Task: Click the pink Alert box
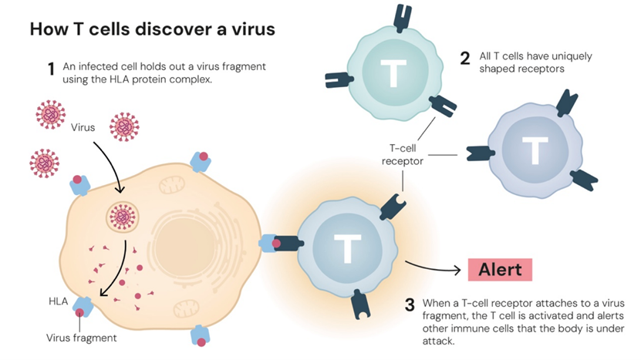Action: click(x=500, y=270)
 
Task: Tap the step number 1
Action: click(x=51, y=70)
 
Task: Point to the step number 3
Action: click(x=410, y=304)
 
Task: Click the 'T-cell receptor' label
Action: click(x=403, y=155)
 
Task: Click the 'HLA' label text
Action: click(x=59, y=301)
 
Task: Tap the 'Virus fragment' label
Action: click(x=82, y=338)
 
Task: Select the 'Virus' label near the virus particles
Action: click(x=83, y=127)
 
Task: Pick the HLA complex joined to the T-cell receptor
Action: click(x=272, y=244)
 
